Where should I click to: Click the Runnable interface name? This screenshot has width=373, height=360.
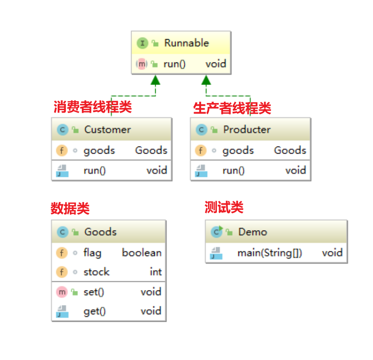[186, 43]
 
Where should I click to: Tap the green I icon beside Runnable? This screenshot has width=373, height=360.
[142, 43]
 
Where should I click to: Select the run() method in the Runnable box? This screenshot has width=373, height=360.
[175, 64]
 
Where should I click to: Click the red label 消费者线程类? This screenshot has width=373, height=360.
[93, 107]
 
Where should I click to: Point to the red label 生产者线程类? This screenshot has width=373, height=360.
[232, 108]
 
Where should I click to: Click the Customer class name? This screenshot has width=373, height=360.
[107, 129]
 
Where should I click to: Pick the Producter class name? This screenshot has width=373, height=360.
[247, 129]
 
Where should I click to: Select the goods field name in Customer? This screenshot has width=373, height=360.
[99, 151]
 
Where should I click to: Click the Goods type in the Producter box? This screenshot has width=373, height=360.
[290, 151]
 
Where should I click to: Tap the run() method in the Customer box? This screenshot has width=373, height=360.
[95, 170]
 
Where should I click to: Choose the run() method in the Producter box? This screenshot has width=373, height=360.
[234, 170]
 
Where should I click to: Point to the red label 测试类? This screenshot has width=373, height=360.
[224, 207]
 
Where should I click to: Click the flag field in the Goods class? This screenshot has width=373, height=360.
[92, 253]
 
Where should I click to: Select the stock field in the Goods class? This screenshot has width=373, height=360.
[96, 272]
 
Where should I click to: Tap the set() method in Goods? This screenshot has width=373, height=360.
[94, 292]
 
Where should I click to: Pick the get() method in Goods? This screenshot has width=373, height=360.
[95, 312]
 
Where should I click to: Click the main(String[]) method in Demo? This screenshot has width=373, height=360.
[270, 253]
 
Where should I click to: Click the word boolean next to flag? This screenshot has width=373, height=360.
[142, 253]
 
